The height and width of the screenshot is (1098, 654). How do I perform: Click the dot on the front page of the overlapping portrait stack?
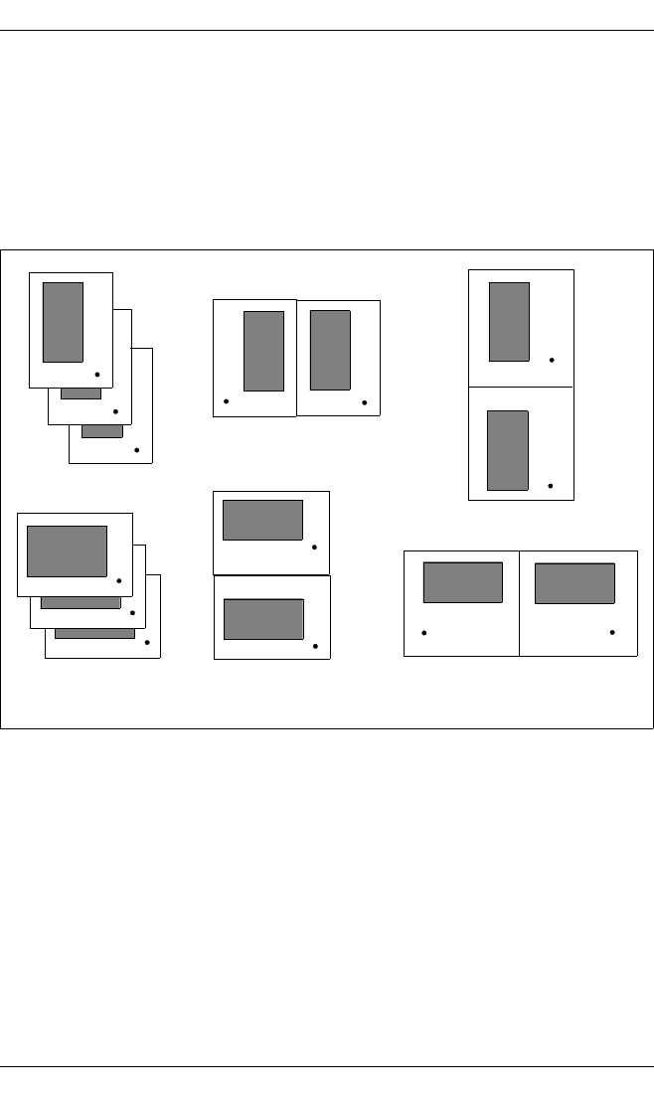[x=96, y=374]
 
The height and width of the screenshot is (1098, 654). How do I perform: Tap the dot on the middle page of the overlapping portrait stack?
[x=116, y=411]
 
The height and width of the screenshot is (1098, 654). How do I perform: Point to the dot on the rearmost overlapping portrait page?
[x=136, y=450]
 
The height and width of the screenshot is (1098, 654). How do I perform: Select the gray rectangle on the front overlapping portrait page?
[x=63, y=322]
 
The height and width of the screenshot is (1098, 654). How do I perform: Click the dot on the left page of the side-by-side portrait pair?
[x=227, y=401]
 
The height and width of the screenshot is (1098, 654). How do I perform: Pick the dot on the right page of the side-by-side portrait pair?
[x=365, y=401]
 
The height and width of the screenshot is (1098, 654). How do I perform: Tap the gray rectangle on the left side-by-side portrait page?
[x=263, y=351]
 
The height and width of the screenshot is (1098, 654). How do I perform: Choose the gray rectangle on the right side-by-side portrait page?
[x=330, y=350]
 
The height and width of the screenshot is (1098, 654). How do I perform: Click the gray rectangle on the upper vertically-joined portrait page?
[x=509, y=321]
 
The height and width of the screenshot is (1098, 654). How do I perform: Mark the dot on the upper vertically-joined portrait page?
[x=552, y=359]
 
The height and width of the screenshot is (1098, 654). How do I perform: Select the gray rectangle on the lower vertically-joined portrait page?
[x=508, y=450]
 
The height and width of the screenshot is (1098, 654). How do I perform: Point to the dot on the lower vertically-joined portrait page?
[x=551, y=486]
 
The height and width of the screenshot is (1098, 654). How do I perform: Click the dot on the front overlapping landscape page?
[x=118, y=580]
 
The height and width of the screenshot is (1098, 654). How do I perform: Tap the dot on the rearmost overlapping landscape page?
[x=147, y=643]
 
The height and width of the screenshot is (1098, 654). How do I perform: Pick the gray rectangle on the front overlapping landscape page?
[x=67, y=550]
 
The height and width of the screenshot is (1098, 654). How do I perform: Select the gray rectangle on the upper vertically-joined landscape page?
[x=262, y=520]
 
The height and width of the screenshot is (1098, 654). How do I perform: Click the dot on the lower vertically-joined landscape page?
[x=315, y=647]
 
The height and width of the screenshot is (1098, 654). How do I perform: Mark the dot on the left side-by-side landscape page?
[x=424, y=632]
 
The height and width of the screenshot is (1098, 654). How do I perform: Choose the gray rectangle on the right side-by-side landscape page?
[x=574, y=583]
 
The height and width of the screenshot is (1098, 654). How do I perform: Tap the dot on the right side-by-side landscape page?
[x=612, y=632]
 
